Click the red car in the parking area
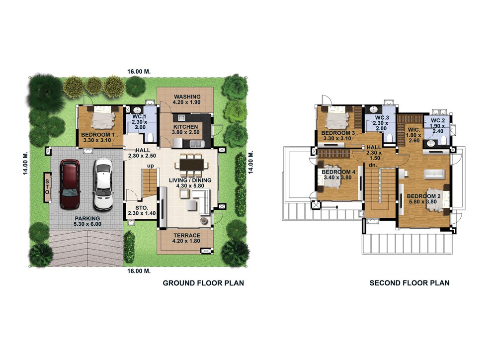coord(70,184)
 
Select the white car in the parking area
coord(103,184)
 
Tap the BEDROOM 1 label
coord(97,135)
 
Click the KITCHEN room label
coord(186,127)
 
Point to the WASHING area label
coord(187,97)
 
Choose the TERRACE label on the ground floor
coord(187,235)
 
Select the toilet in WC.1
coord(151,137)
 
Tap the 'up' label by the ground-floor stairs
coord(150,166)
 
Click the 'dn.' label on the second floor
coord(373,165)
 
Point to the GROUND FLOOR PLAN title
coord(203,283)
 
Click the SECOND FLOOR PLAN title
coord(410,283)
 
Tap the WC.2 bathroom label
coord(438,120)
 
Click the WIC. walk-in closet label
coord(414,130)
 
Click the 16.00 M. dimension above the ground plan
coord(139,72)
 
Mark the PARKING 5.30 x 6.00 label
coord(87,221)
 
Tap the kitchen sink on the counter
coord(195,144)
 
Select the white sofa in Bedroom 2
coord(434,174)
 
